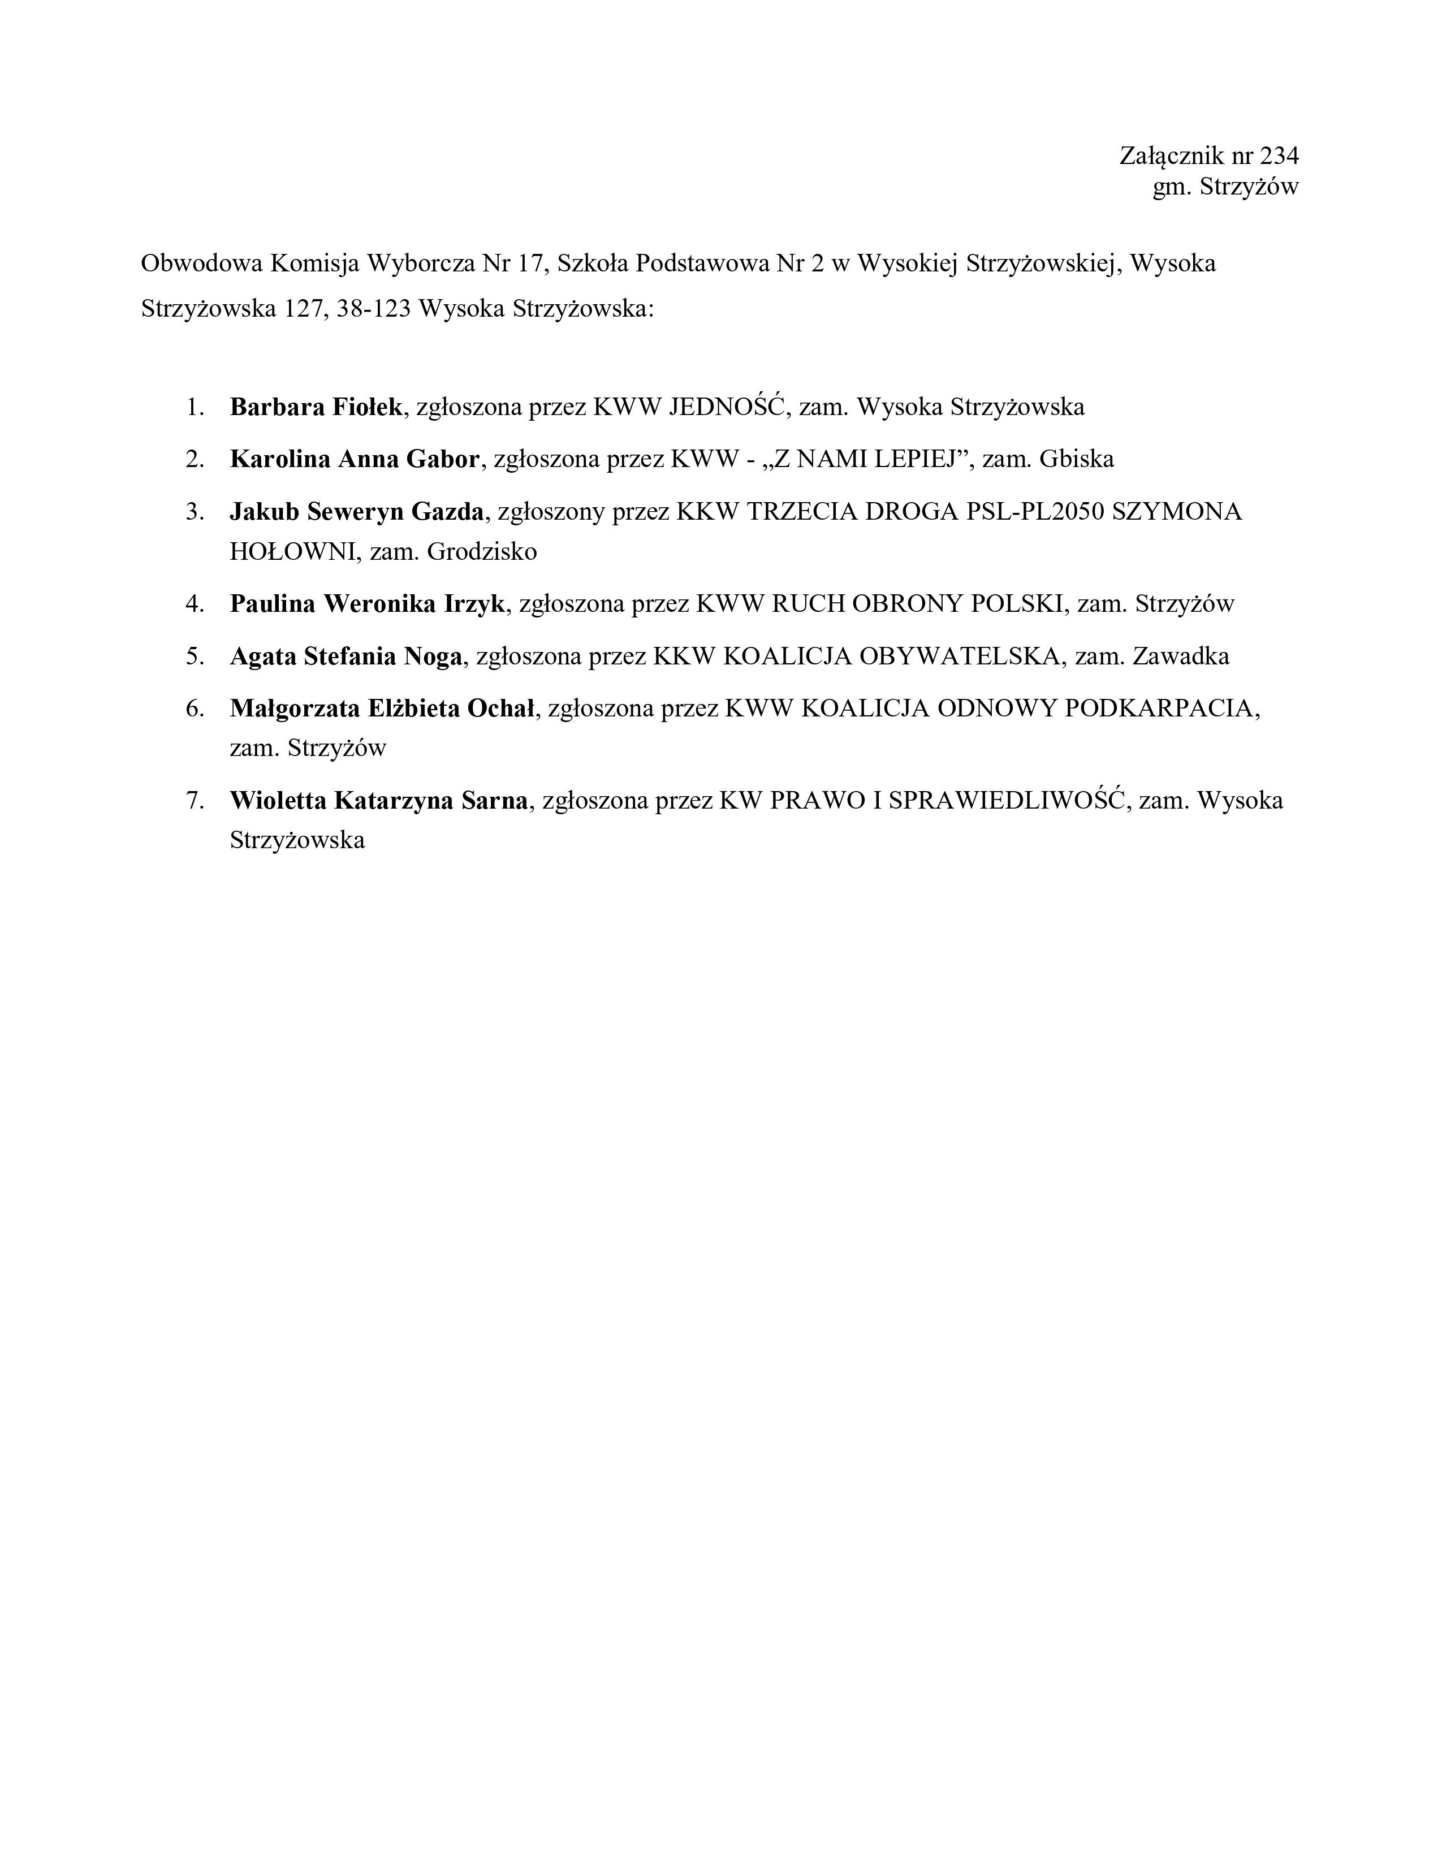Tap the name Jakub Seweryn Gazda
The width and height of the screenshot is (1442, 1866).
tap(356, 511)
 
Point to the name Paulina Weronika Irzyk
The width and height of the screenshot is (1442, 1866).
tap(368, 604)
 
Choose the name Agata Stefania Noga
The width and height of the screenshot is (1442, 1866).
tap(346, 656)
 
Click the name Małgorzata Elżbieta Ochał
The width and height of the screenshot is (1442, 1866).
tap(382, 709)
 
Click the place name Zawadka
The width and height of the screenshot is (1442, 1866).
tap(1181, 656)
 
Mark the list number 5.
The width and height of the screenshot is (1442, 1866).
tap(194, 656)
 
